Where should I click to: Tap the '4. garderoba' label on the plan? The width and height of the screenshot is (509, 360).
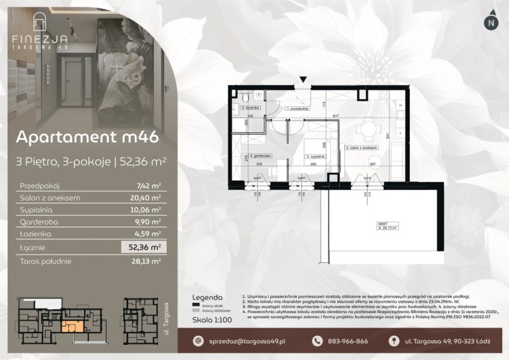tap(261, 155)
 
